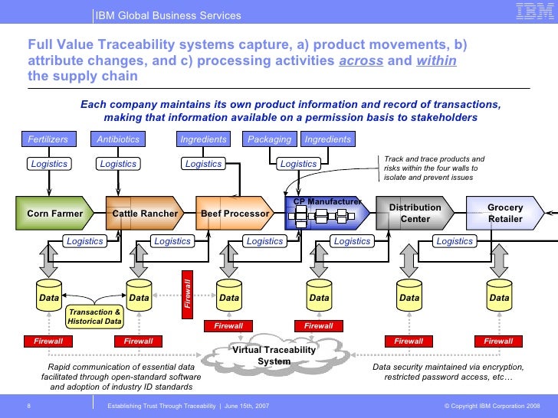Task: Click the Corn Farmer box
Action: click(x=54, y=214)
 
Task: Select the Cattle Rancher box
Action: click(x=145, y=214)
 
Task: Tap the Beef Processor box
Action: click(x=235, y=214)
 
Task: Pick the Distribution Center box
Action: click(x=415, y=213)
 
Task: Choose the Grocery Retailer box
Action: click(x=505, y=213)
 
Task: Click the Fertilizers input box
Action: click(x=48, y=139)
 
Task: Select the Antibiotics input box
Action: click(x=118, y=139)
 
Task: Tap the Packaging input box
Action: click(x=270, y=139)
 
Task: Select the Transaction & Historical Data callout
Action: click(x=94, y=316)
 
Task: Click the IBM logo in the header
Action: click(x=533, y=11)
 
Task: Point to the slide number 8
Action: click(x=28, y=404)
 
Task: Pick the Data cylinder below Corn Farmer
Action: click(x=49, y=298)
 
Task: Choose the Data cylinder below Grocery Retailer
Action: click(x=500, y=298)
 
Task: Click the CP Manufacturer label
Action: click(x=327, y=201)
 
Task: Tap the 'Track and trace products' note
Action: click(x=434, y=168)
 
